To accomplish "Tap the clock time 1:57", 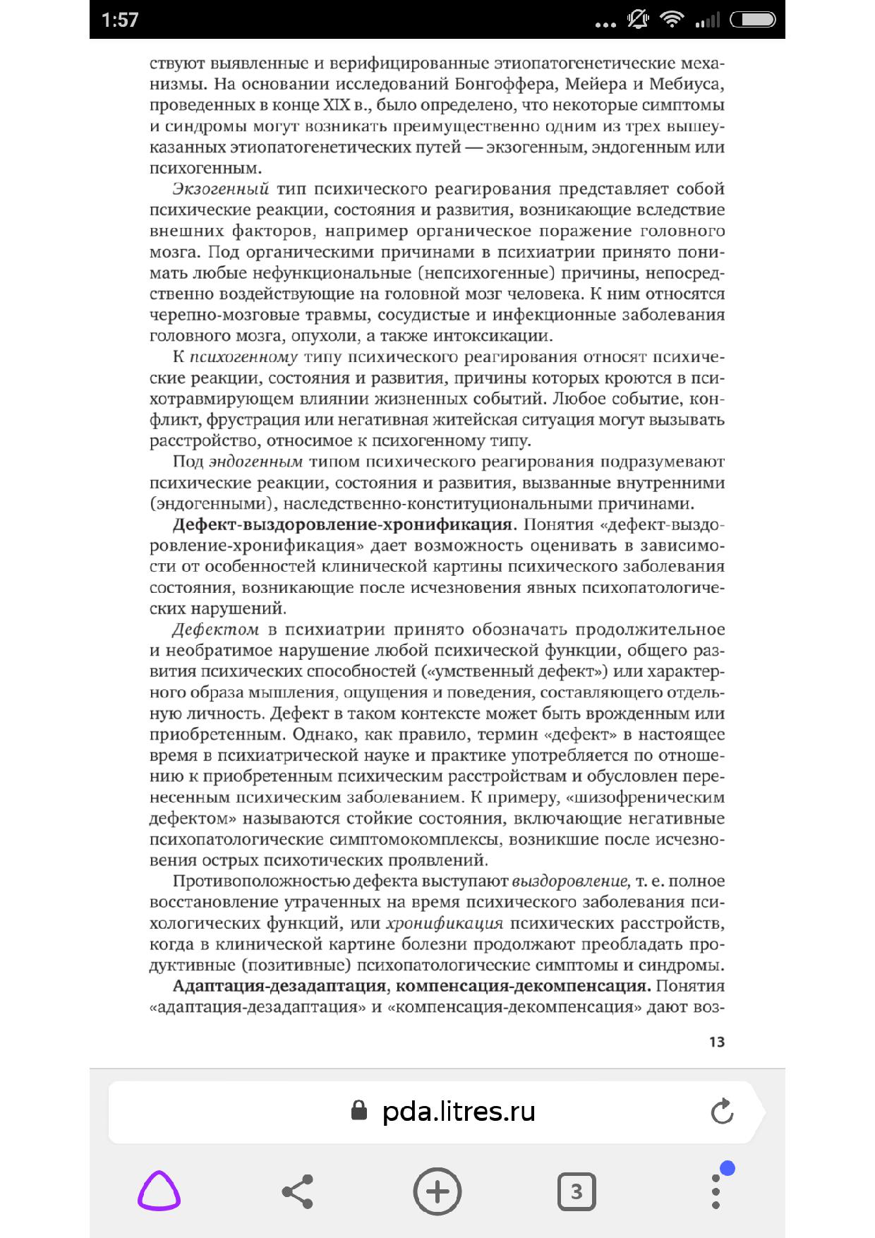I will point(120,20).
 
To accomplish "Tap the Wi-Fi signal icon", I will point(672,20).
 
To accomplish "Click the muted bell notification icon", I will point(638,20).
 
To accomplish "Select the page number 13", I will point(716,1042).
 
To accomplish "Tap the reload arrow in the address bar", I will point(722,1112).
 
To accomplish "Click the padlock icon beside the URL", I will point(359,1111).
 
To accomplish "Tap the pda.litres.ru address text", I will point(459,1112).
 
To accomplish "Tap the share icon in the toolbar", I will point(297,1191).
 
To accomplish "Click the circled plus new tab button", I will point(437,1191).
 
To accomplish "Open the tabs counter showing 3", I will point(577,1191).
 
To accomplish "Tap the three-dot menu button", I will point(716,1191).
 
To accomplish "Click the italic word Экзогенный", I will point(221,189).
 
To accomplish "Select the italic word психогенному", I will point(243,357).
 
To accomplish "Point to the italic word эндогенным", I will point(256,462).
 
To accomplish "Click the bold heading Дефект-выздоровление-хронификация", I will point(343,524).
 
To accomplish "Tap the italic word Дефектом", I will point(215,630).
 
